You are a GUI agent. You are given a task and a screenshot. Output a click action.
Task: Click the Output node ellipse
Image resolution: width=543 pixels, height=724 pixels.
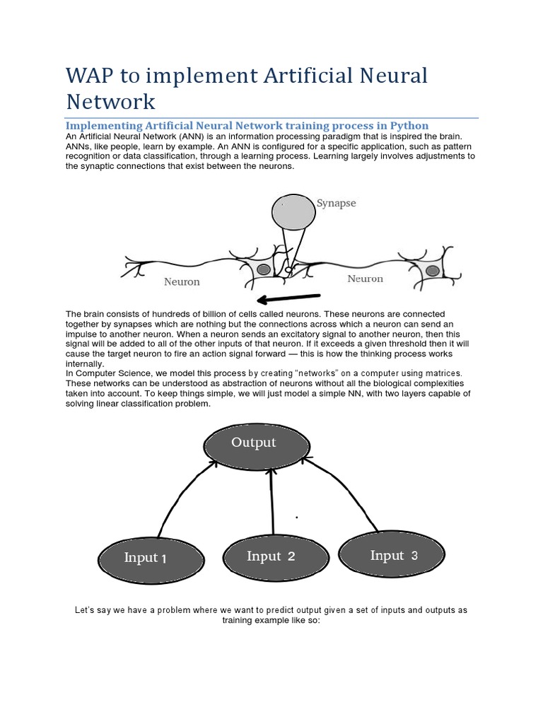coord(256,444)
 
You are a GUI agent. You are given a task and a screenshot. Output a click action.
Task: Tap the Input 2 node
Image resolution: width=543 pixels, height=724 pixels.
coord(271,556)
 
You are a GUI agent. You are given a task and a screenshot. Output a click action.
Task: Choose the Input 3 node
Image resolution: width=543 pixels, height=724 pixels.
coord(393,556)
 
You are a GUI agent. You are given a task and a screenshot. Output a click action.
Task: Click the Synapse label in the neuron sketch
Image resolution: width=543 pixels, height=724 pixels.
coord(337,204)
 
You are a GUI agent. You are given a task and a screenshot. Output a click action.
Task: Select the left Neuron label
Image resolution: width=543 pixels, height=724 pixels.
coord(182,281)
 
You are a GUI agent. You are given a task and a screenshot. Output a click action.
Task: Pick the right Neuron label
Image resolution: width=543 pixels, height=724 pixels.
coord(365,279)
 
